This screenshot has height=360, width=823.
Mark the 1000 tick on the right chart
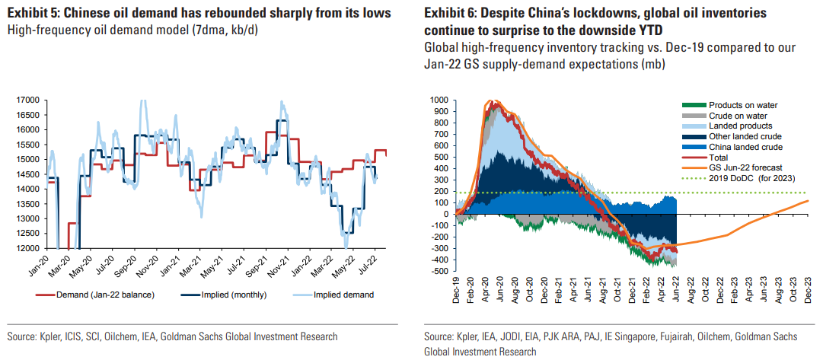coord(439,100)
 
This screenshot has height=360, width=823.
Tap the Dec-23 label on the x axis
coord(805,290)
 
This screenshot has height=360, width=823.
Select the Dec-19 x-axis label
coord(455,290)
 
